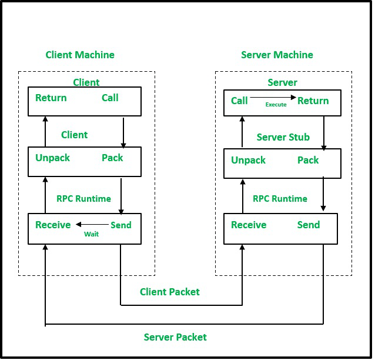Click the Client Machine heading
80,55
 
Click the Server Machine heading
277,55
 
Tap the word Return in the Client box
51,98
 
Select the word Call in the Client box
110,98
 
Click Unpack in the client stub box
53,158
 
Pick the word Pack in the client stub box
112,158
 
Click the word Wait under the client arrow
91,234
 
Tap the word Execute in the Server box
276,105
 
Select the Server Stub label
283,137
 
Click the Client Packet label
170,292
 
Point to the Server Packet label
175,337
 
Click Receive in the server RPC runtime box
249,225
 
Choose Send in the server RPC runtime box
309,225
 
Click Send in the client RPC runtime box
121,225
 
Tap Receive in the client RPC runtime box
53,225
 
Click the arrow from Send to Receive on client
91,224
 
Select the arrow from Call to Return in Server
273,98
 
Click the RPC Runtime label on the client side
83,198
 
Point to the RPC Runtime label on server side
280,198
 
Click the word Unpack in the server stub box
248,160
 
